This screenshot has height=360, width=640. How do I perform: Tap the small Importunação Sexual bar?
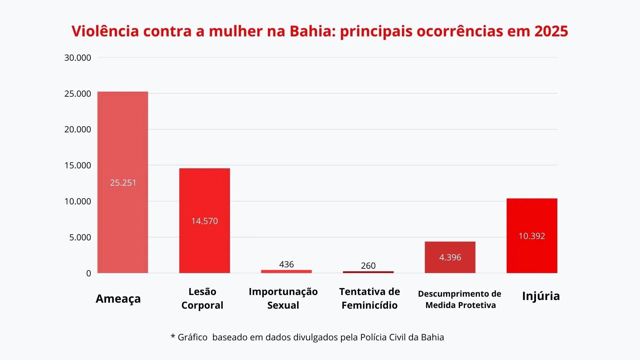click(x=286, y=271)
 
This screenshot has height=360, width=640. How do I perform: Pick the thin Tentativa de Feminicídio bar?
click(x=368, y=272)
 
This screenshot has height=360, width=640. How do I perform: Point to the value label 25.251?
click(x=123, y=183)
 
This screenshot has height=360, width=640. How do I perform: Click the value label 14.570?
click(x=204, y=221)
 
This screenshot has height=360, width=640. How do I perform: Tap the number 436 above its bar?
click(x=286, y=264)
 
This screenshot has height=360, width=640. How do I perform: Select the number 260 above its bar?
click(x=368, y=266)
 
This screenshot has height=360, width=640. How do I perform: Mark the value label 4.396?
click(x=450, y=257)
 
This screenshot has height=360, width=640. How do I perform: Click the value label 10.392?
click(x=532, y=236)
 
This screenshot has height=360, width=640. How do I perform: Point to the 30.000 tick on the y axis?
click(x=78, y=58)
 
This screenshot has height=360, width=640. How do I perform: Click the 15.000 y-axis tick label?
click(x=78, y=165)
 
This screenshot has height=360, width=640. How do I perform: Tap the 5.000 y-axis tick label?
click(x=80, y=237)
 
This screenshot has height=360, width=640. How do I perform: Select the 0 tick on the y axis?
click(x=88, y=273)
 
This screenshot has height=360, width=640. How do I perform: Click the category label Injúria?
click(x=541, y=296)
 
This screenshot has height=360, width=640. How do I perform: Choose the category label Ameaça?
click(x=118, y=299)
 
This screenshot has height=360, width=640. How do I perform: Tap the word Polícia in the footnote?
click(x=373, y=337)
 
